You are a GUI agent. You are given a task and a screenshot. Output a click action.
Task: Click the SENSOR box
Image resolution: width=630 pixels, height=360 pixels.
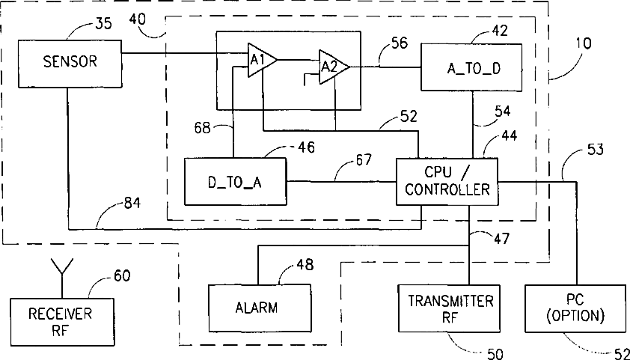click(70, 64)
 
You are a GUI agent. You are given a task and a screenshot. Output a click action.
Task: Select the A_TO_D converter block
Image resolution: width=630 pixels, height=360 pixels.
click(471, 67)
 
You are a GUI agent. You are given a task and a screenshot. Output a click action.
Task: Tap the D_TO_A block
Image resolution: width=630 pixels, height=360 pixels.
click(235, 181)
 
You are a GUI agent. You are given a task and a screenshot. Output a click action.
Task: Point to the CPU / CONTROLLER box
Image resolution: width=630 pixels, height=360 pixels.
click(447, 182)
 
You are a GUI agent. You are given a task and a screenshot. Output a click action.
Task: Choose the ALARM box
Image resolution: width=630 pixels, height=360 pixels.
click(260, 308)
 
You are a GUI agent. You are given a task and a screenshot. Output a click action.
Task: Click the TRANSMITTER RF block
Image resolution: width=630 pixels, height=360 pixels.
click(449, 308)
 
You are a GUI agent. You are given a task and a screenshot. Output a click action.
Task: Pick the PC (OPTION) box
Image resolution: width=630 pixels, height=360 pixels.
click(575, 308)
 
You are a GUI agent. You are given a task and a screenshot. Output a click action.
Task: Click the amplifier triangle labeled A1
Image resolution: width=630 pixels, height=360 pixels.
click(262, 60)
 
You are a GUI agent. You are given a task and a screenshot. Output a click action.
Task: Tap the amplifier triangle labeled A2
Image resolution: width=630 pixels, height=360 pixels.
click(334, 67)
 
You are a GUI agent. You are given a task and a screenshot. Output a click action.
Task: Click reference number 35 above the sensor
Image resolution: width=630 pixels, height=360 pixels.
click(104, 24)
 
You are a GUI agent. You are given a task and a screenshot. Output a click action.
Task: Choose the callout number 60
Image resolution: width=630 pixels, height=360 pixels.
click(121, 275)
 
